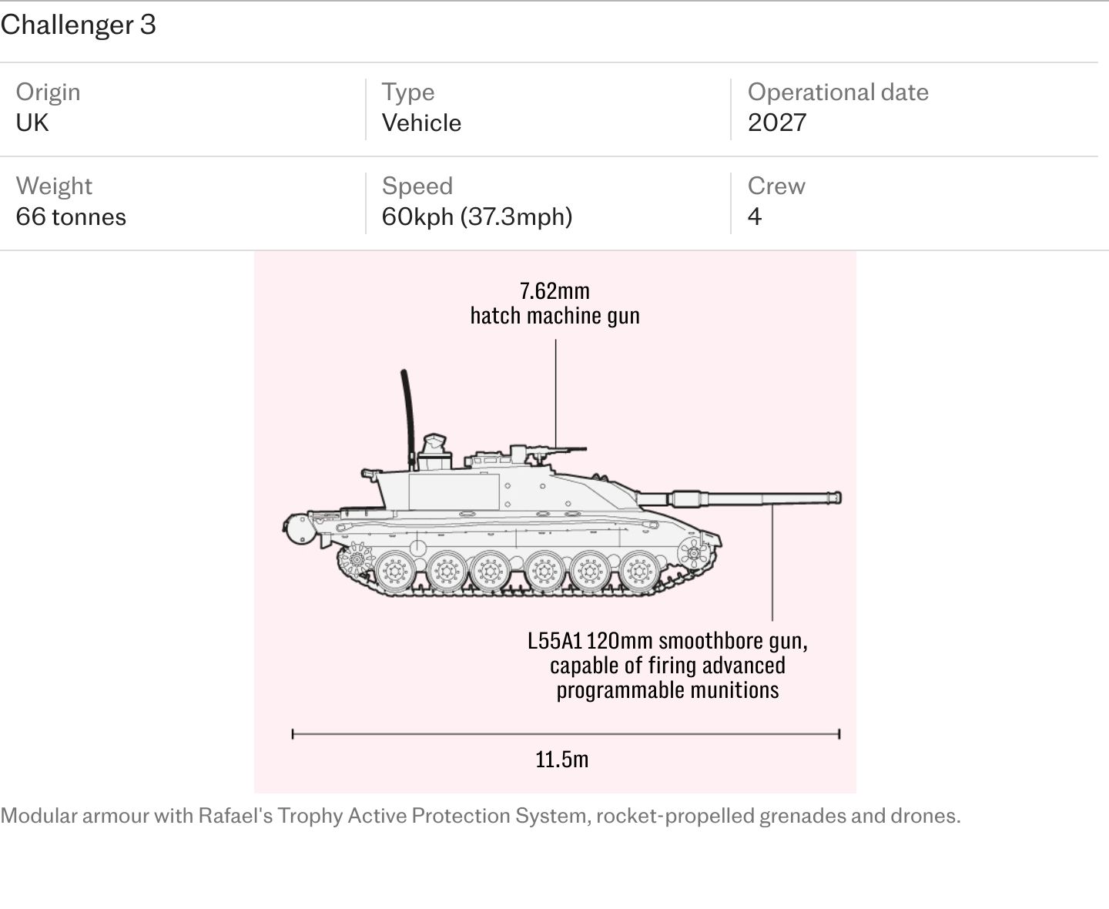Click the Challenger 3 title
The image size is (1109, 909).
(79, 25)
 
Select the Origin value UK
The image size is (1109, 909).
(32, 123)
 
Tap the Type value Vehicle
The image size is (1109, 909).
(421, 123)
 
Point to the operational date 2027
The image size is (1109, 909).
(776, 123)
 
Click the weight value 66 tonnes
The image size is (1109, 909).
(71, 216)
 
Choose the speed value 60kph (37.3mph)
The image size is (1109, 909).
(477, 216)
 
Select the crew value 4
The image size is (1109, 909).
(755, 216)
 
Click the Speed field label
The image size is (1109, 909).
(417, 186)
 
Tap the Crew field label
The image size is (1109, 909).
(776, 186)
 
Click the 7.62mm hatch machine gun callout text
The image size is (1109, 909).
(554, 304)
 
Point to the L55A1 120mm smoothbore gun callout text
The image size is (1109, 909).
(667, 666)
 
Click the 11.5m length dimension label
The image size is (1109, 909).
(561, 760)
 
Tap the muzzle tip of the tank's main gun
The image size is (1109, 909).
(839, 498)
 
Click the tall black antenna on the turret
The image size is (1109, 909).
(408, 419)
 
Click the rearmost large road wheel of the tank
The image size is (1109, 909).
(395, 572)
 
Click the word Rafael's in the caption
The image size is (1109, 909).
(235, 816)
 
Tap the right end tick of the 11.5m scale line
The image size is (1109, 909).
(839, 734)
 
